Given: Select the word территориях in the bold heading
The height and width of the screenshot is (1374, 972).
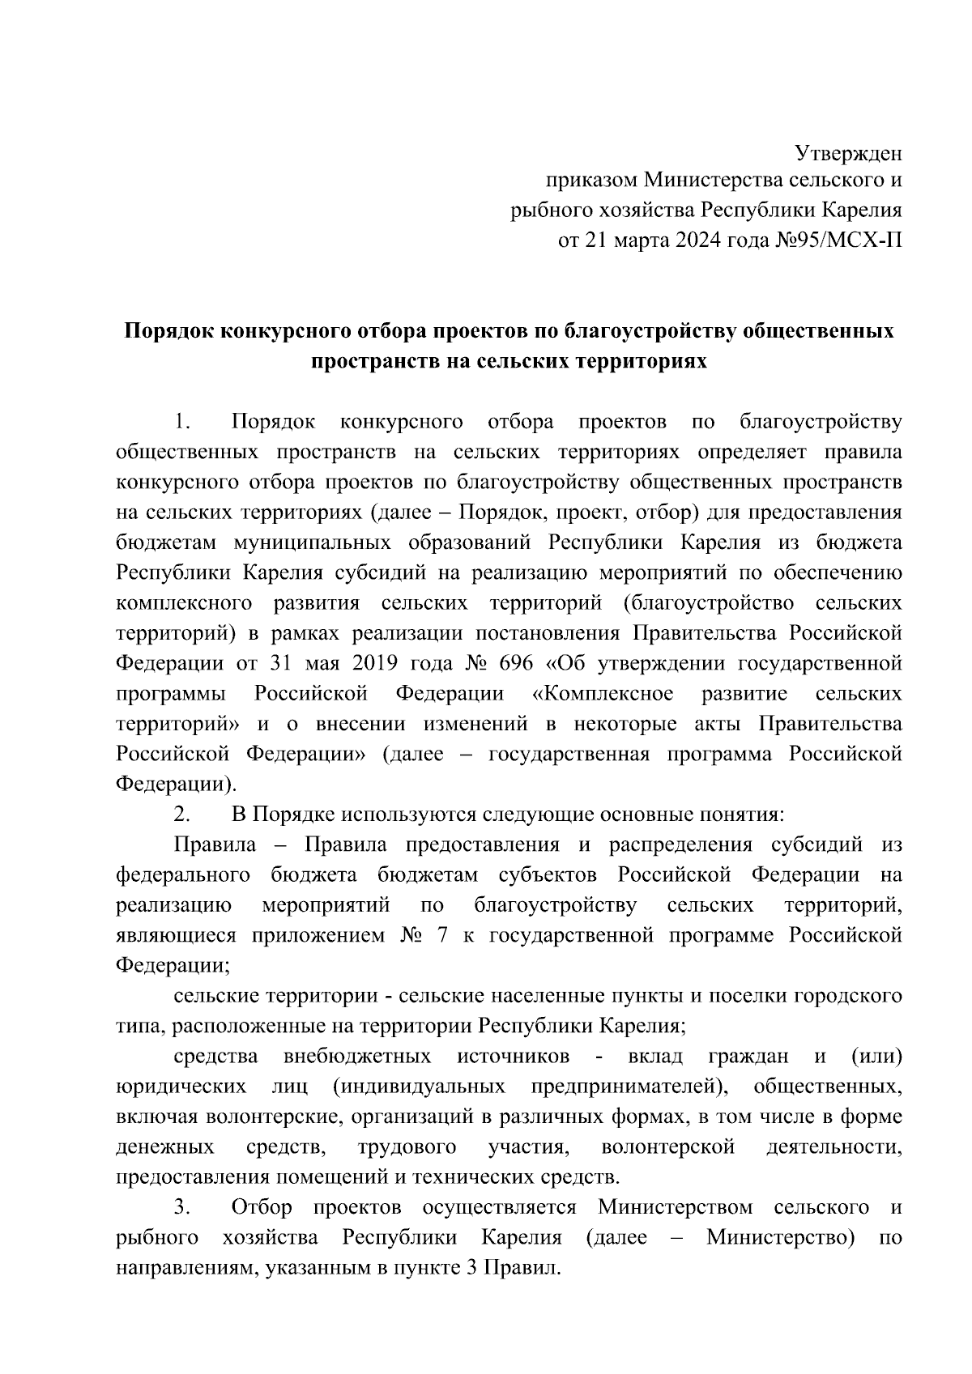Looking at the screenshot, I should click(x=641, y=362).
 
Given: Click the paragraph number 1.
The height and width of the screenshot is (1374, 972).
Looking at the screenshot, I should click(x=181, y=422).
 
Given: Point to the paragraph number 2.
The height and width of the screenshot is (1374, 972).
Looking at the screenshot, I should click(x=181, y=815).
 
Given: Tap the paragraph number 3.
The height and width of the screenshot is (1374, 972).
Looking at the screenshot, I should click(x=181, y=1207).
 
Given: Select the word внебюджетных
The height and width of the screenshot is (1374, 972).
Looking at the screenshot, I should click(x=356, y=1056).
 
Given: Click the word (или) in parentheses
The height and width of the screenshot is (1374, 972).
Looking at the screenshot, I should click(x=876, y=1056).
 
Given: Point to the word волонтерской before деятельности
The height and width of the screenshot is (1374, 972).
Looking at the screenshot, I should click(x=668, y=1146).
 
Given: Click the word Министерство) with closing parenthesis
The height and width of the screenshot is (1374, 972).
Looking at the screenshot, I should click(x=781, y=1237).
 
